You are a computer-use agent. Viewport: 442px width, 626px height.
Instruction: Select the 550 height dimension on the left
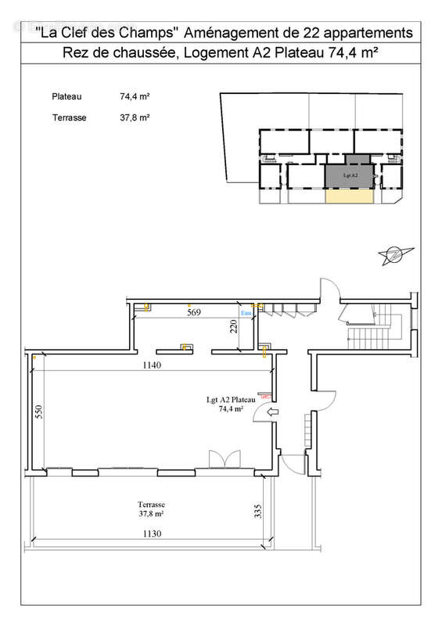(x=37, y=412)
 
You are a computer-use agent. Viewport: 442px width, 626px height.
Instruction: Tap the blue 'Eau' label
(x=246, y=313)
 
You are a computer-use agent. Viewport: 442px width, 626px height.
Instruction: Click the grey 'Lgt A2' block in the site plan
(x=348, y=175)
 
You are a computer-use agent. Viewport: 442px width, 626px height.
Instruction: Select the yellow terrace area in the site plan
(x=348, y=198)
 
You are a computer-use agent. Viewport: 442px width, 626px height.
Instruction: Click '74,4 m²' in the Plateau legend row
(x=135, y=97)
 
